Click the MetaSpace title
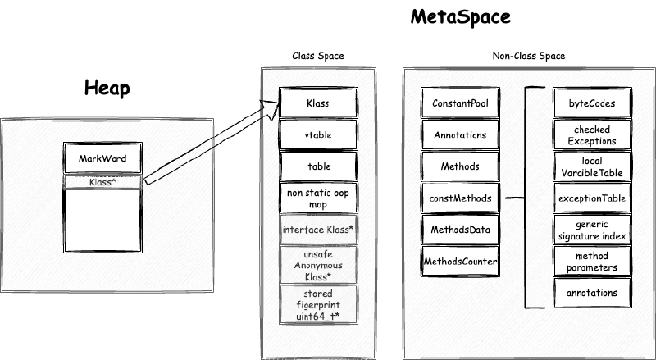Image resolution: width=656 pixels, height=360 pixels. coord(462,17)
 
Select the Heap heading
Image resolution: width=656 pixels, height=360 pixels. coord(108,89)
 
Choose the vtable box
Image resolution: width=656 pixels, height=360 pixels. coord(318,134)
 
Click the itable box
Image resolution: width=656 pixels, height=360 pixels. coord(318,166)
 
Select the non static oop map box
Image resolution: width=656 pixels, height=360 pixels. coord(318,197)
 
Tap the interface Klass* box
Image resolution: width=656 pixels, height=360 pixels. coord(318,230)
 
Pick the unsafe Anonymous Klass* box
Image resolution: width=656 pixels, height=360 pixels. coord(318,265)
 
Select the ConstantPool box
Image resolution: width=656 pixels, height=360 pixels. coord(460,103)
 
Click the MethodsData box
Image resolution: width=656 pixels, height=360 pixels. coord(460,229)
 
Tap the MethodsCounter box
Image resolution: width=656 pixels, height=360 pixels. coord(460,261)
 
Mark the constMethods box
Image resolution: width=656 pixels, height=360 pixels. coord(460,198)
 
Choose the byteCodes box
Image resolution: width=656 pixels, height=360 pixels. coord(591,103)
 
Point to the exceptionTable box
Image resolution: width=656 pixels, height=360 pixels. coord(591,198)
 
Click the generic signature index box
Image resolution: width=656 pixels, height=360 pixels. coord(591,229)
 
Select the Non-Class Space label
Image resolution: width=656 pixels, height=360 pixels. coord(528,56)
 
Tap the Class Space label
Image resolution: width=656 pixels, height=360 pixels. coord(318,56)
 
